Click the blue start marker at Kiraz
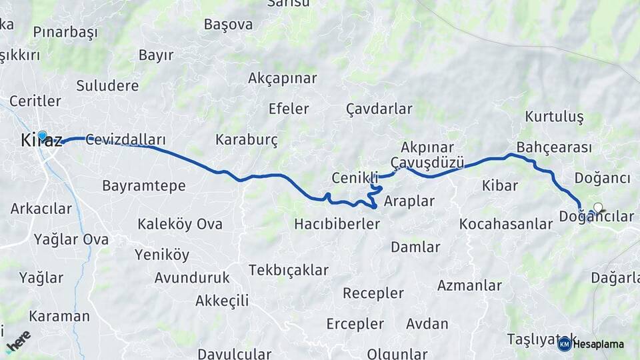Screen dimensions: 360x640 click(x=43, y=136)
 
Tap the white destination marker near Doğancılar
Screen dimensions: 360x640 click(x=598, y=207)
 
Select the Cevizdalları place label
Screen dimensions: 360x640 click(x=125, y=140)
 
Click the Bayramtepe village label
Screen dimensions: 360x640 click(x=143, y=185)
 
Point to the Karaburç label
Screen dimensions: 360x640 click(x=246, y=140)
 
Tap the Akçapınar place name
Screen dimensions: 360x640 click(x=282, y=78)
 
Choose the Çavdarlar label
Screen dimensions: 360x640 click(x=379, y=108)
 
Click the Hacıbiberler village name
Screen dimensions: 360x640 click(x=337, y=224)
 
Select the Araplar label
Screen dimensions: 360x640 click(x=409, y=201)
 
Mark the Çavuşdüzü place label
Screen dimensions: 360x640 click(x=427, y=162)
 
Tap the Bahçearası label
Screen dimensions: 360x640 click(x=554, y=147)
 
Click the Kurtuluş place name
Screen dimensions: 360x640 click(x=554, y=117)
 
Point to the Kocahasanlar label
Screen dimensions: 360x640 click(x=506, y=224)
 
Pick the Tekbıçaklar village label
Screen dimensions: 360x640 click(x=289, y=270)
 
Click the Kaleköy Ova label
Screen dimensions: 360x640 click(x=180, y=224)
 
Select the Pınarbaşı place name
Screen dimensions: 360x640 click(x=65, y=32)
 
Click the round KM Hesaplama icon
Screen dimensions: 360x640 click(x=564, y=344)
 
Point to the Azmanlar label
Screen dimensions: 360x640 click(x=469, y=285)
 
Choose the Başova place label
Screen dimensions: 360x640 click(x=228, y=25)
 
